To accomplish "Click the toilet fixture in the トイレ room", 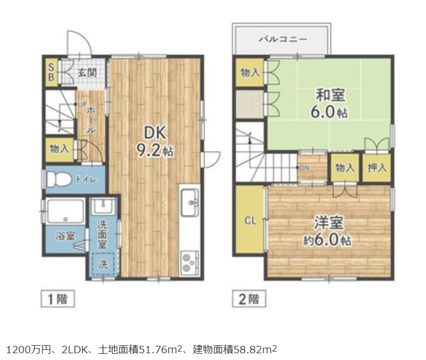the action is click(x=57, y=180).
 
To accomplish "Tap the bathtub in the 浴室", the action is click(x=66, y=211).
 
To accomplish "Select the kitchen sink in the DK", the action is click(x=190, y=203).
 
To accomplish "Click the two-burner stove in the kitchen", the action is click(x=189, y=262).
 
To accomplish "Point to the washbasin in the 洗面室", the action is click(x=103, y=206).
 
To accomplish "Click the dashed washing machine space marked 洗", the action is click(x=103, y=264).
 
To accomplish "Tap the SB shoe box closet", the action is click(x=51, y=72).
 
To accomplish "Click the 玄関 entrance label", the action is click(x=87, y=72).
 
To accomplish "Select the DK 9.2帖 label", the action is click(x=155, y=142).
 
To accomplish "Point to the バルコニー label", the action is click(x=283, y=39).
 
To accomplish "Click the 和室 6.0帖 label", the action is click(x=329, y=104).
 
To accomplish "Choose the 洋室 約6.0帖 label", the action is click(x=327, y=231).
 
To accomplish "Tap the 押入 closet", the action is click(x=377, y=168).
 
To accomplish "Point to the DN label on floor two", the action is click(x=305, y=168).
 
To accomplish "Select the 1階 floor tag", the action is click(x=58, y=299).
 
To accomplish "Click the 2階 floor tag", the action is click(x=249, y=299).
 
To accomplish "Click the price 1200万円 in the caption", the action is click(x=28, y=349).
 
